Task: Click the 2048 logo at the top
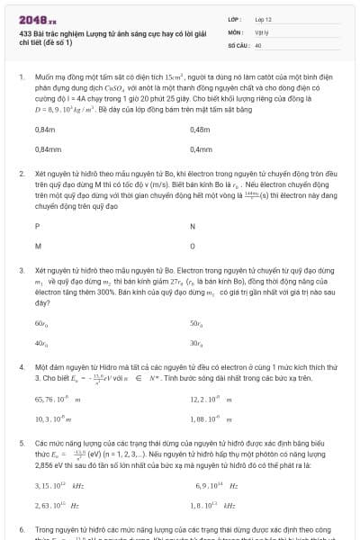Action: point(31,19)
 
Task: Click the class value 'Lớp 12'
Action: point(264,19)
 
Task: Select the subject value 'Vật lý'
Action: point(263,31)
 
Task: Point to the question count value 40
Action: point(258,44)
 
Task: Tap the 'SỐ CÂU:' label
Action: point(238,44)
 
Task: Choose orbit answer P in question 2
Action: point(38,226)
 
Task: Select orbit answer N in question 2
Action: point(193,226)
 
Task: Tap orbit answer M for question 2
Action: point(38,245)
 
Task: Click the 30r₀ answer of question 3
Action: point(196,342)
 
